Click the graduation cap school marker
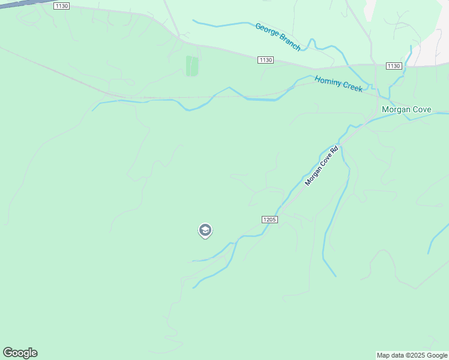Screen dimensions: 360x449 [x=205, y=230]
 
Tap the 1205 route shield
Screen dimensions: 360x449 [x=270, y=220]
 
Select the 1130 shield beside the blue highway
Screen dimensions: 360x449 [x=61, y=5]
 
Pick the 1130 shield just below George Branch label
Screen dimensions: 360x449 [x=266, y=60]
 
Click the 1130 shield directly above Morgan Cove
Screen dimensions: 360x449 [x=394, y=66]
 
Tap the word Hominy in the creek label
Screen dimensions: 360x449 [x=328, y=81]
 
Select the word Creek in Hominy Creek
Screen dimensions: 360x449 [x=352, y=87]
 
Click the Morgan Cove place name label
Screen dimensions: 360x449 [x=406, y=110]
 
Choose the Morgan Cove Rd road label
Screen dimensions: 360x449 [x=322, y=166]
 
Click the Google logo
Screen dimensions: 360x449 [x=20, y=353]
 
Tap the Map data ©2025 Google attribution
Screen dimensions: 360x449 [x=412, y=355]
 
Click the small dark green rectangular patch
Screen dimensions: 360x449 [x=192, y=66]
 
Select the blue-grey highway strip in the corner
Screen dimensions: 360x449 [x=18, y=3]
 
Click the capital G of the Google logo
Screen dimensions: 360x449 [x=8, y=353]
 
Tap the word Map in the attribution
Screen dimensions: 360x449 [x=383, y=355]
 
